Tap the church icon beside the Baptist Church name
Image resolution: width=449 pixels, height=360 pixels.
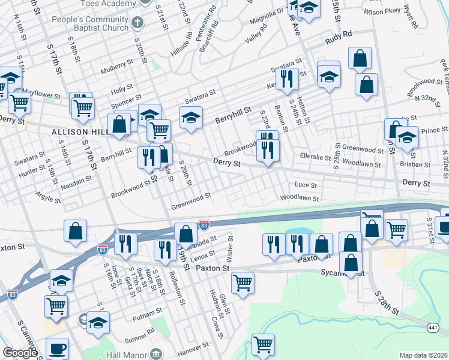138,24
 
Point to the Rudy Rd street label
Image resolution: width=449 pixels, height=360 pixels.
337,41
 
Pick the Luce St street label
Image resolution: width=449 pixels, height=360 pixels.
306,185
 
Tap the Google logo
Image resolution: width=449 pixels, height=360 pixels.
20,353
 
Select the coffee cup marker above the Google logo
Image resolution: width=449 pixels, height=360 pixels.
57,348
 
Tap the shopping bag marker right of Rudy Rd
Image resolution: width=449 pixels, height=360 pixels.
359,59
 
